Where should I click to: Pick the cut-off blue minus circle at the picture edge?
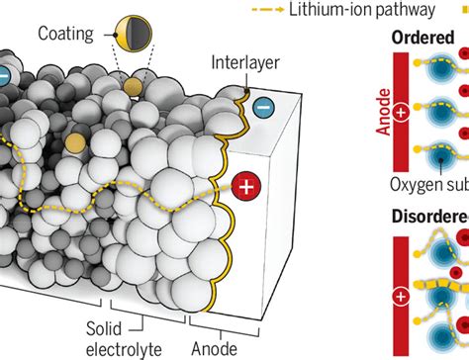(x=4, y=74)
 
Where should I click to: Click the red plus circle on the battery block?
(x=248, y=185)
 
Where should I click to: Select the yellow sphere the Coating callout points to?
(x=74, y=144)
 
